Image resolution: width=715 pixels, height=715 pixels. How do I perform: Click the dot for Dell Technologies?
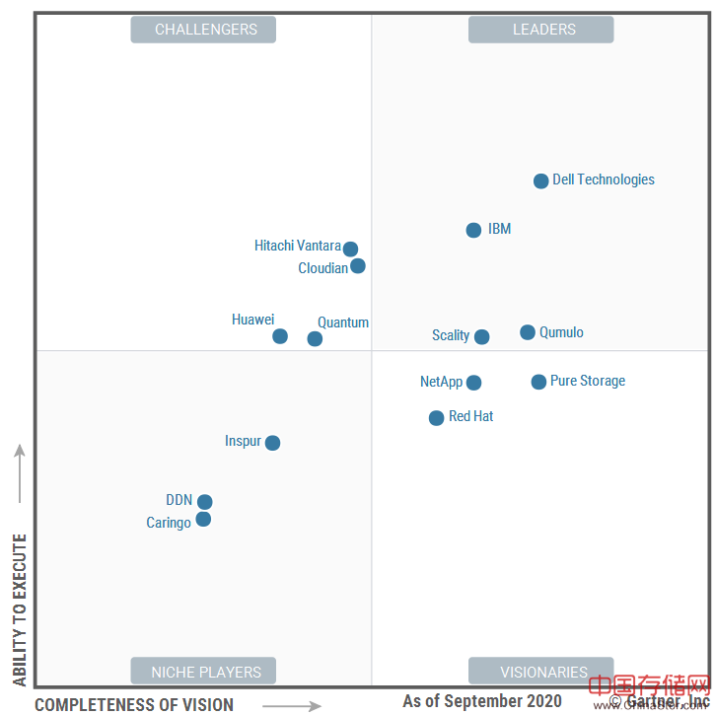[x=540, y=180]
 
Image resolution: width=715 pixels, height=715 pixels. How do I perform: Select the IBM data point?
[x=473, y=230]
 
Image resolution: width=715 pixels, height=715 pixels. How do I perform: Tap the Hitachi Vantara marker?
[x=350, y=249]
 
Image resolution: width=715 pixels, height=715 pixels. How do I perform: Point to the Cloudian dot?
[x=358, y=265]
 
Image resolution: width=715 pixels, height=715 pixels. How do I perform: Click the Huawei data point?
[x=280, y=335]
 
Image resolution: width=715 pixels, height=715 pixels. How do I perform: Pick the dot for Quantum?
[x=315, y=338]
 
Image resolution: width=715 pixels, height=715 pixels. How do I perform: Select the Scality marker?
[x=481, y=336]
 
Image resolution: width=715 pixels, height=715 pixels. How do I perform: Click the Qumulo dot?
[x=528, y=332]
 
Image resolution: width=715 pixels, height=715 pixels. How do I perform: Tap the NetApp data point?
[x=473, y=383]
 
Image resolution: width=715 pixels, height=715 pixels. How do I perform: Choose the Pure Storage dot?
[x=538, y=382]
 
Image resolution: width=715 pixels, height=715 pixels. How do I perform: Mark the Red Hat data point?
[x=436, y=418]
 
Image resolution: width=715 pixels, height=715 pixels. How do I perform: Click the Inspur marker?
[x=272, y=443]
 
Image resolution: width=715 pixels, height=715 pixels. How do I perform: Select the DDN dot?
[x=204, y=502]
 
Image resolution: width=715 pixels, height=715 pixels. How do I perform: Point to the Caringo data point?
[x=203, y=519]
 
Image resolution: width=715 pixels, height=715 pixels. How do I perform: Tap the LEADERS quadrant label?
[x=540, y=30]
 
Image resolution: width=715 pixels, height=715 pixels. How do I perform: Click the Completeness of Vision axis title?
[x=134, y=704]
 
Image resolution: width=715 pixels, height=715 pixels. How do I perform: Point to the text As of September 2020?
[x=482, y=701]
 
